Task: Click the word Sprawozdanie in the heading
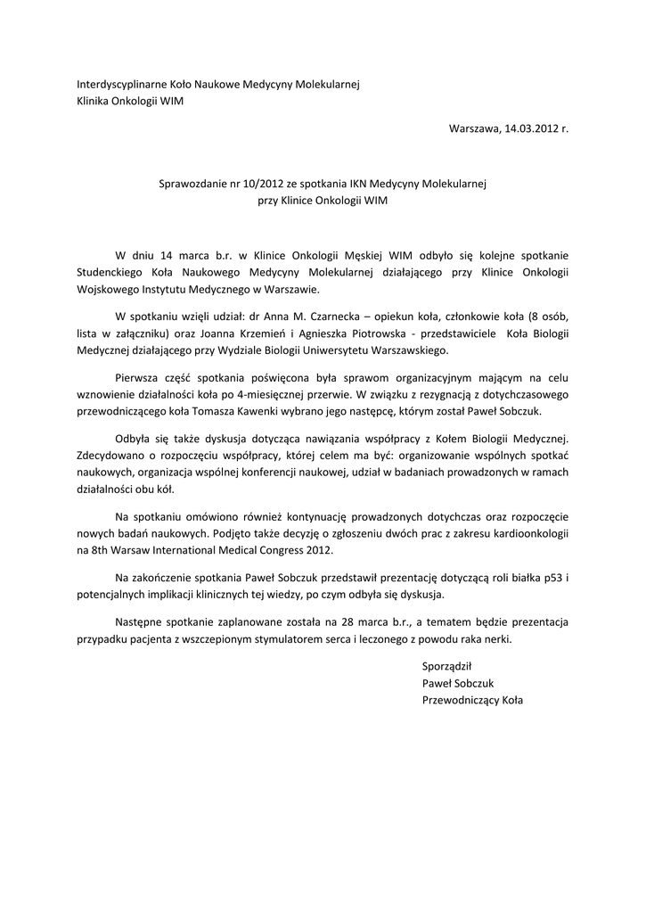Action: (192, 184)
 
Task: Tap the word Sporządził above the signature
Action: (446, 665)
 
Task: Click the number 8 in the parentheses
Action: (533, 317)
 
